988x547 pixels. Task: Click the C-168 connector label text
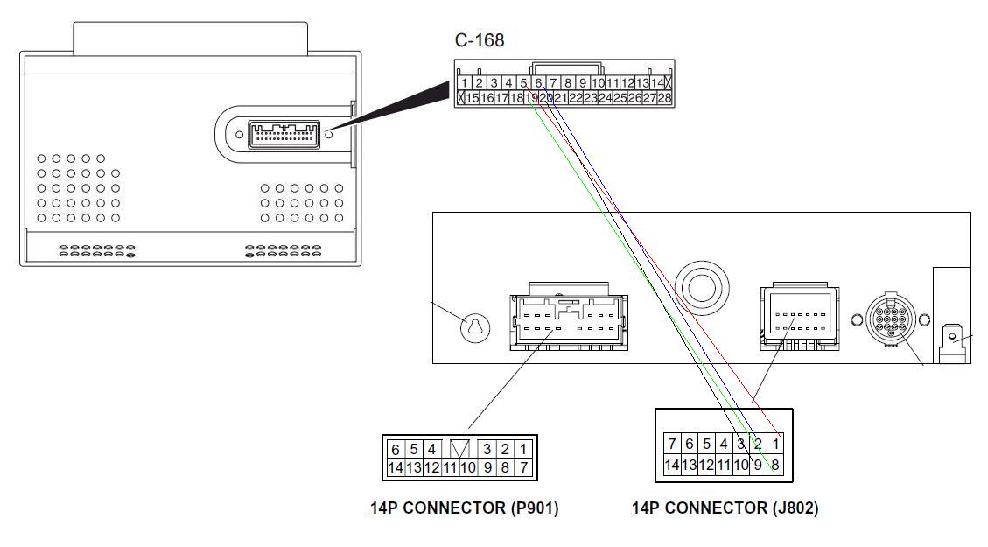click(x=479, y=40)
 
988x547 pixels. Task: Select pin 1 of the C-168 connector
click(x=464, y=83)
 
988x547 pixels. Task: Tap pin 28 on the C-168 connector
click(x=665, y=97)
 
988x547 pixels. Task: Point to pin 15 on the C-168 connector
click(x=473, y=97)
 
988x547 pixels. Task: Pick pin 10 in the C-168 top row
click(x=597, y=83)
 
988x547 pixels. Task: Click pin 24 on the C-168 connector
click(x=605, y=97)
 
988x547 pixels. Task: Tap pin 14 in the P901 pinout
click(x=396, y=468)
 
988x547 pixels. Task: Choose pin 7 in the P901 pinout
click(x=523, y=468)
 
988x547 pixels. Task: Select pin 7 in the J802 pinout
click(x=672, y=444)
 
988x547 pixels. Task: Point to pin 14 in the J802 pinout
click(x=672, y=465)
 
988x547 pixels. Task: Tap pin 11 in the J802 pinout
click(x=724, y=465)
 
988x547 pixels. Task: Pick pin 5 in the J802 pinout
click(x=706, y=444)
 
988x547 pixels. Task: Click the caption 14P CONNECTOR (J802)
click(x=725, y=508)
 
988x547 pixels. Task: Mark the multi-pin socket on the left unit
click(x=284, y=134)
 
